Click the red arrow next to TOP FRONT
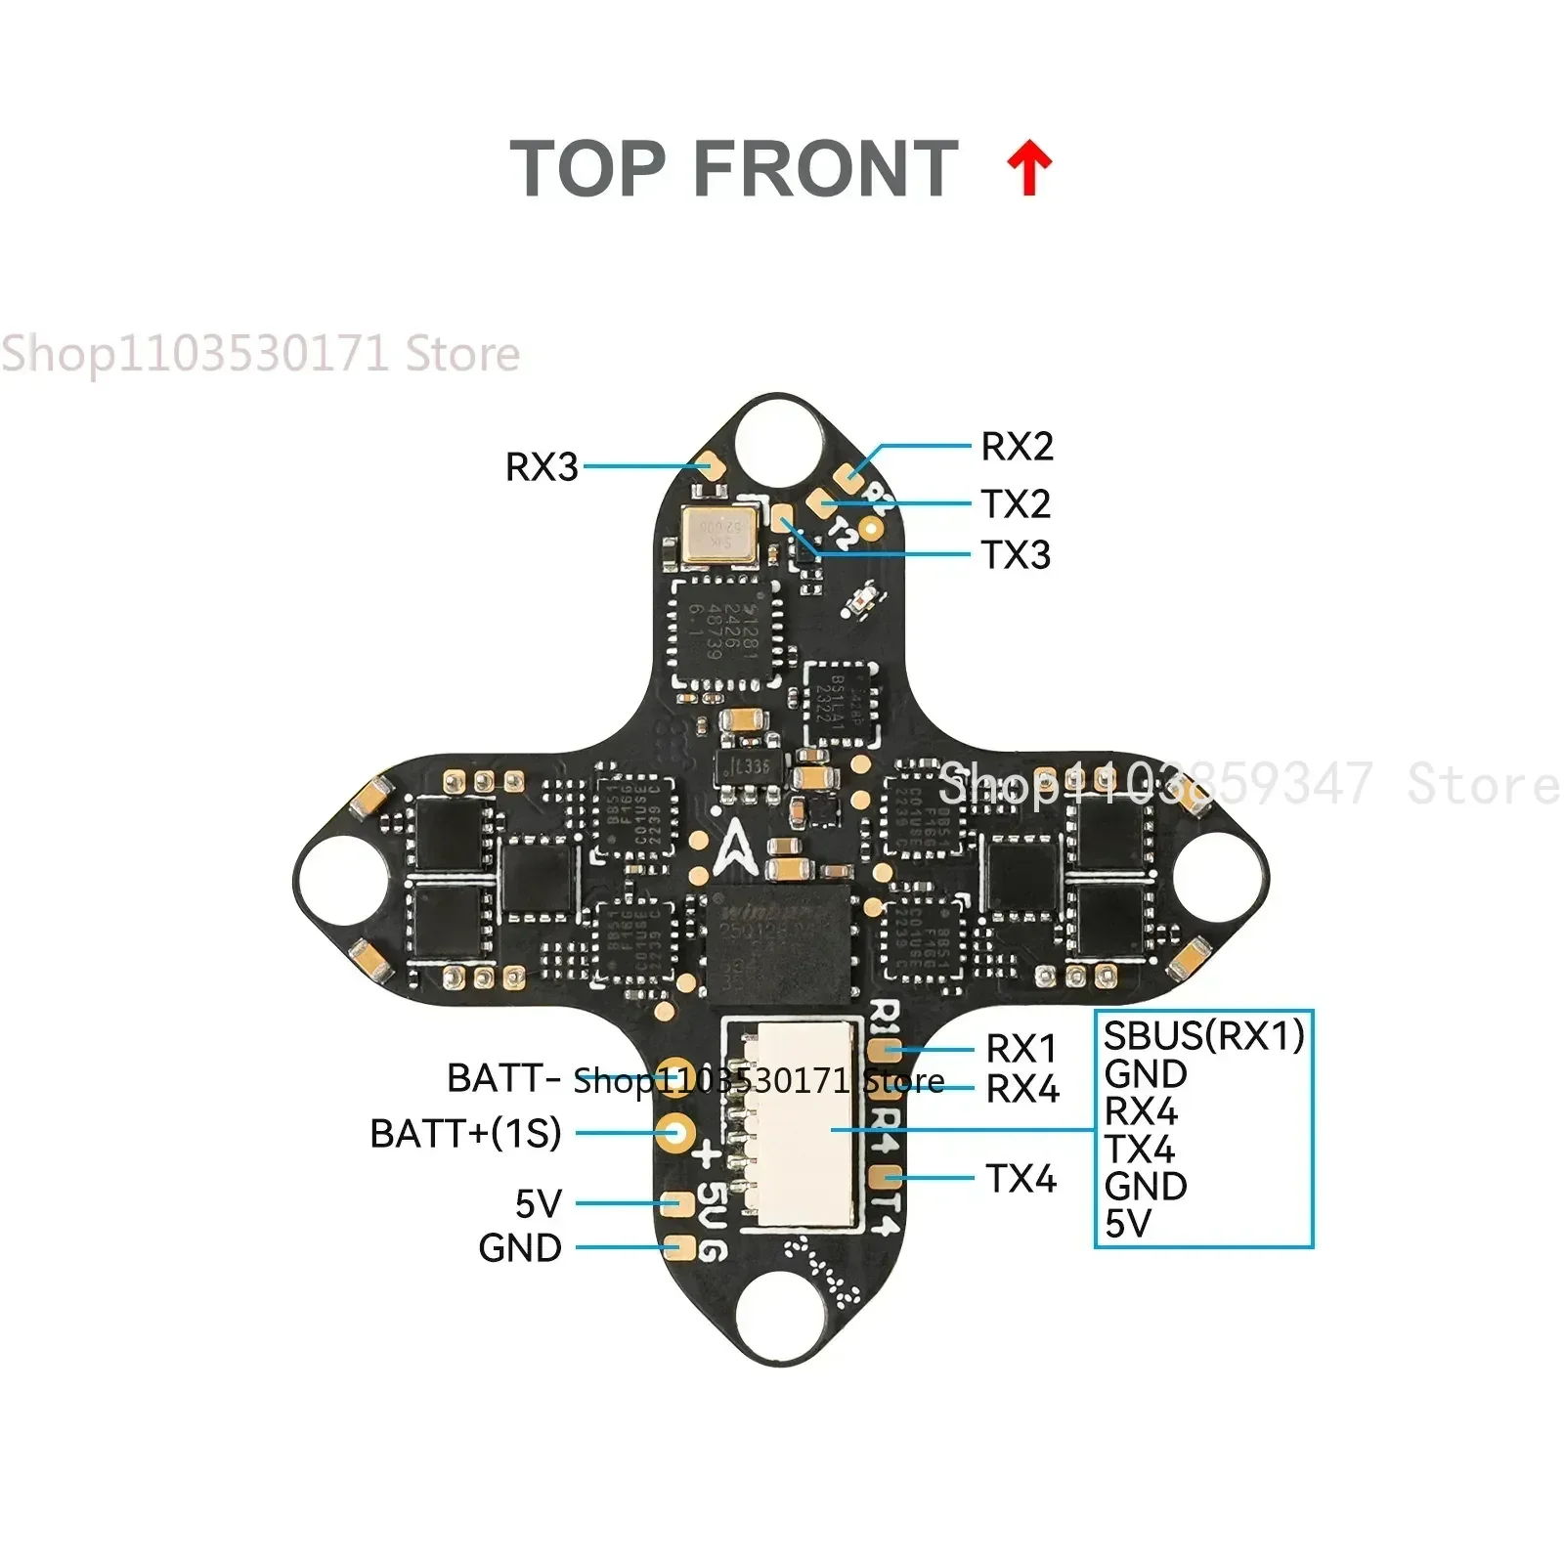(1029, 168)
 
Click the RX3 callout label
(542, 467)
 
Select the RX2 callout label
(1017, 447)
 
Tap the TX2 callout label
(1016, 504)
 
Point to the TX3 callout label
(1016, 555)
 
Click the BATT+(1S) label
(465, 1134)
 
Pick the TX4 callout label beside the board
(1021, 1179)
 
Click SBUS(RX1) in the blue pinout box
(1203, 1035)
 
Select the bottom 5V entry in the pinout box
(1128, 1224)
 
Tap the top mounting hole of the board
(780, 436)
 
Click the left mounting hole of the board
(338, 878)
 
